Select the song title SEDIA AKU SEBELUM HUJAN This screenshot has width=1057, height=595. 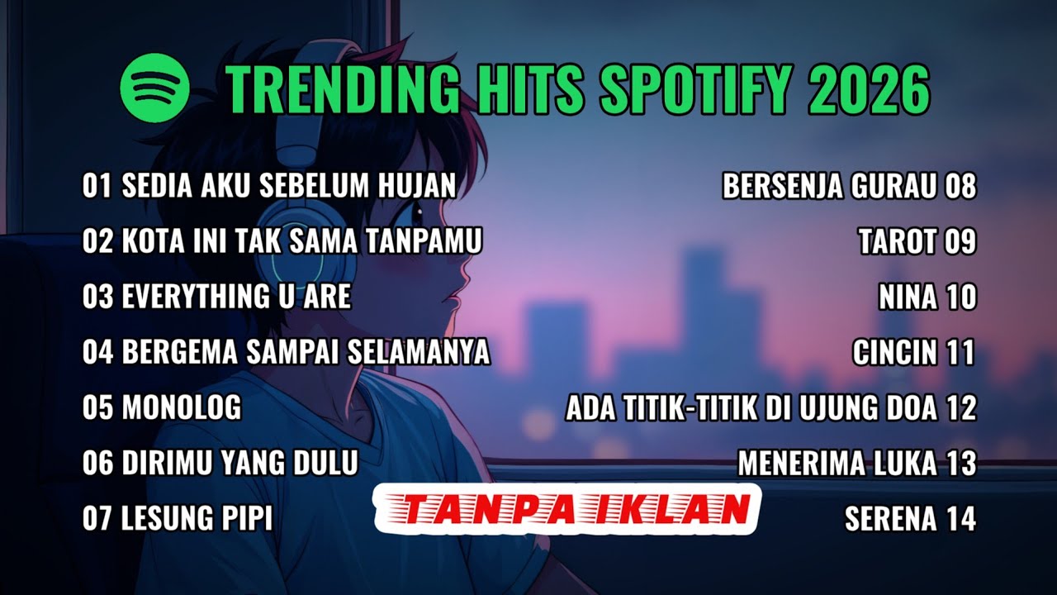pyautogui.click(x=289, y=186)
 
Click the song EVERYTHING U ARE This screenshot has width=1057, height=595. pyautogui.click(x=236, y=297)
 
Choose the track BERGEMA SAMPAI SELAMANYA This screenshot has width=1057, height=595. pyautogui.click(x=306, y=352)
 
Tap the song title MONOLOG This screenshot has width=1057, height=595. pyautogui.click(x=182, y=407)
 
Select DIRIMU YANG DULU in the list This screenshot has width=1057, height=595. pyautogui.click(x=239, y=463)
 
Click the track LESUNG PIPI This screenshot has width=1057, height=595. pyautogui.click(x=197, y=518)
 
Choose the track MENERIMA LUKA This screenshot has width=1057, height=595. pyautogui.click(x=837, y=463)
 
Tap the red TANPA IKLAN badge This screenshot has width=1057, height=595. pyautogui.click(x=566, y=509)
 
